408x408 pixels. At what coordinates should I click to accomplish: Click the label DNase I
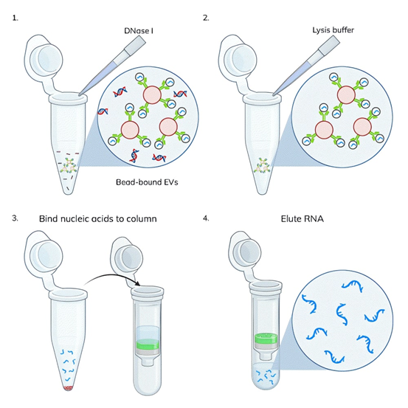click(139, 31)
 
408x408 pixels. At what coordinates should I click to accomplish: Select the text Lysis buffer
click(333, 30)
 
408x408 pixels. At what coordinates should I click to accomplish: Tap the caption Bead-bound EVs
click(147, 182)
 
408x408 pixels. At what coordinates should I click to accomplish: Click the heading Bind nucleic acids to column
click(98, 218)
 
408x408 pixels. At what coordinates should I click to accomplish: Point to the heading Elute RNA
click(302, 218)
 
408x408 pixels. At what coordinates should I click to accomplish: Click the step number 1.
click(15, 18)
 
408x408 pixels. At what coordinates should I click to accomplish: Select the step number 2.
click(206, 18)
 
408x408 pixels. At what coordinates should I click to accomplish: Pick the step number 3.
click(15, 218)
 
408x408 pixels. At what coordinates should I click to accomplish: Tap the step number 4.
click(206, 218)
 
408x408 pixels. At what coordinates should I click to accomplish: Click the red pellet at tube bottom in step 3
click(68, 388)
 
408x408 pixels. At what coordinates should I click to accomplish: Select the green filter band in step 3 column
click(148, 345)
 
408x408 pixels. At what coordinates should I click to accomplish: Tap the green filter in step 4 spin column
click(266, 339)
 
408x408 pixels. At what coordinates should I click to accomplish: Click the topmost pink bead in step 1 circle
click(152, 94)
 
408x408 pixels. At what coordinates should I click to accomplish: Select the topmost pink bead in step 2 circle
click(346, 94)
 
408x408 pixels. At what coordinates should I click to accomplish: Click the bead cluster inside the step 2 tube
click(263, 165)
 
